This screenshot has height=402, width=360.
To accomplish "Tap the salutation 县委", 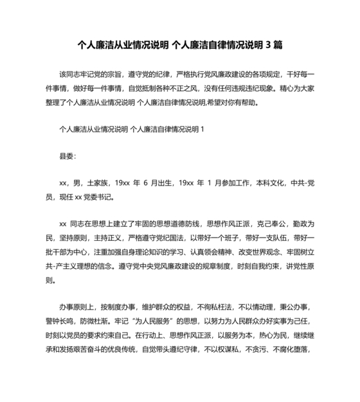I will [67, 156].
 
